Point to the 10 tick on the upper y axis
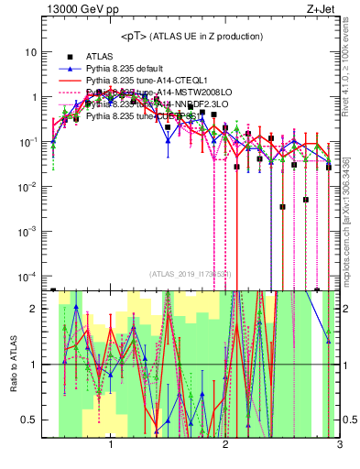[31, 52]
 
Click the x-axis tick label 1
[111, 446]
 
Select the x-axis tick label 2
[225, 446]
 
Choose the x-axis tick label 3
[339, 446]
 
